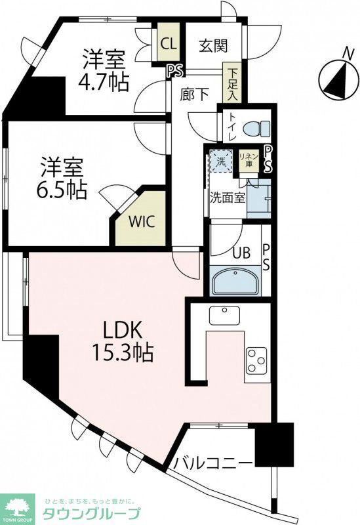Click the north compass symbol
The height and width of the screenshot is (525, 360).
338,81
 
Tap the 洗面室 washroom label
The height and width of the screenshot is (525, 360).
228,197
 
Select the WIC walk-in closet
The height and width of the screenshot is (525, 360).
143,220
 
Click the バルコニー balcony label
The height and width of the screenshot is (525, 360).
213,464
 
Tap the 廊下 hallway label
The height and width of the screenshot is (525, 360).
195,94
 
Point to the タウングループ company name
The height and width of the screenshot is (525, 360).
91,514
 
